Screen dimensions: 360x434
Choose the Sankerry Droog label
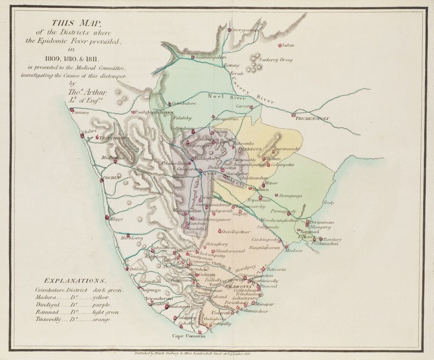tap(277, 59)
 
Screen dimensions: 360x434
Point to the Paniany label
tap(79, 113)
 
